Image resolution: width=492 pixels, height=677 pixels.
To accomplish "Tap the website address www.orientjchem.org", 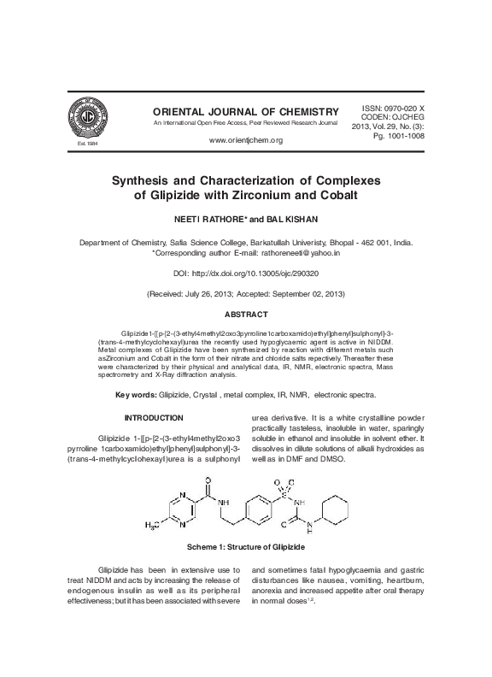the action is (x=245, y=139).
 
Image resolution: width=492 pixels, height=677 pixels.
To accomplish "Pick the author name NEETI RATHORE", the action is (x=212, y=220).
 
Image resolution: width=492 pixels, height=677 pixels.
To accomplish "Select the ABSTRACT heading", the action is (x=246, y=315).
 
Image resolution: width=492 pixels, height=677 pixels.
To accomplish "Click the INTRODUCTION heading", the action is (x=155, y=418).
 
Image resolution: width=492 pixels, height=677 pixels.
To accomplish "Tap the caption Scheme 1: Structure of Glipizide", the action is (x=246, y=545).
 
